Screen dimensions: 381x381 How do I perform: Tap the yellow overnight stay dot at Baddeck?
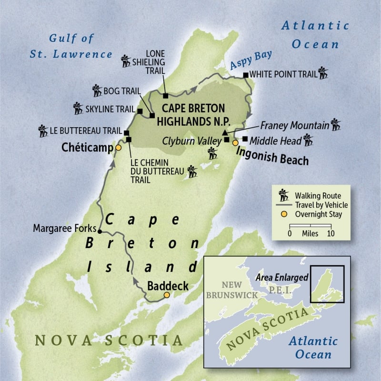166,295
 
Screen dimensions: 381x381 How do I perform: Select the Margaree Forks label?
64,229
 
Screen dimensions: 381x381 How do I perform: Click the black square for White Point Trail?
245,75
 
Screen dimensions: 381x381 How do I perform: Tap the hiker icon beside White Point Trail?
323,74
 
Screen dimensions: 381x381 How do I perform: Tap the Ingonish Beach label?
270,157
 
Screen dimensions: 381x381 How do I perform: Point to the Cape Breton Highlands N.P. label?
193,113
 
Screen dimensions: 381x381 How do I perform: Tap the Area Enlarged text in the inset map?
281,277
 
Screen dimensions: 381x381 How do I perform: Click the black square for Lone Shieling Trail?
165,96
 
